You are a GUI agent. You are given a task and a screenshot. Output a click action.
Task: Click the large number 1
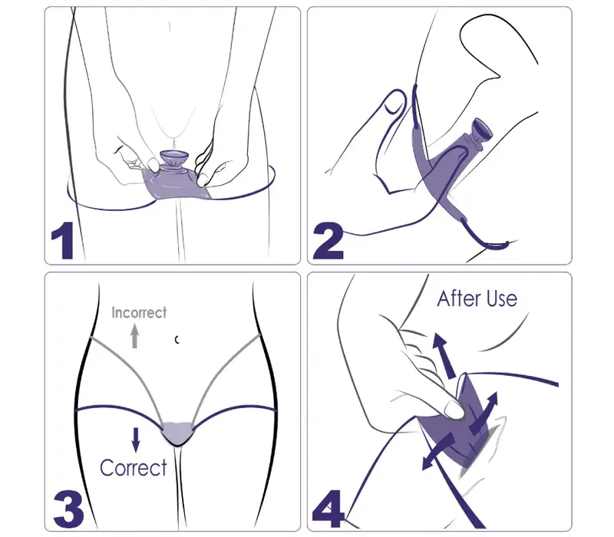tap(64, 240)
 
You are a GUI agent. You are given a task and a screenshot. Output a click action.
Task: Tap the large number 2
tap(328, 240)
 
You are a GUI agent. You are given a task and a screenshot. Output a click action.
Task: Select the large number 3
tap(68, 509)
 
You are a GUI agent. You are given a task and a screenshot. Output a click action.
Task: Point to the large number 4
tap(328, 509)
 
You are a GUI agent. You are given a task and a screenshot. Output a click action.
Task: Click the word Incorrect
tap(139, 312)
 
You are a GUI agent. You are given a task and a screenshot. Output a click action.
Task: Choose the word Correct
tap(133, 467)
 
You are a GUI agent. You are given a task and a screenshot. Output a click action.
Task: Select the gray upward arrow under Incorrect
tap(135, 335)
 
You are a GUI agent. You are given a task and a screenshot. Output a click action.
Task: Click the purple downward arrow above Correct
tap(136, 440)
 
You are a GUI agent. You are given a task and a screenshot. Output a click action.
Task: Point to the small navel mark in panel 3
tap(177, 340)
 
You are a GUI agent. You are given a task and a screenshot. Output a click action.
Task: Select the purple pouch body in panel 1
tap(177, 184)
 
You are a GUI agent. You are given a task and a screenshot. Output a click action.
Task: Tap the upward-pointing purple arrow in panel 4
tap(444, 354)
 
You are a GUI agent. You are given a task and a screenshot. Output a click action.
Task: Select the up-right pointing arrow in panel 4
tap(484, 413)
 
